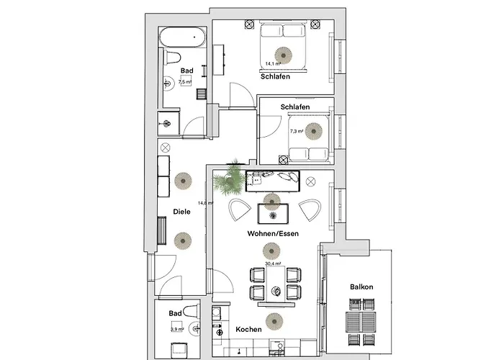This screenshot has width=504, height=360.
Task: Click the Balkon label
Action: coord(361,287)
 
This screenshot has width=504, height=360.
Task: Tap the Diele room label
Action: coord(181,212)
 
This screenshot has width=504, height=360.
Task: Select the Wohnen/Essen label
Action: coord(273,233)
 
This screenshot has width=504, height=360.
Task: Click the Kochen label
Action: coord(248,329)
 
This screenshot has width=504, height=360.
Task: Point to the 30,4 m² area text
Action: coord(272,264)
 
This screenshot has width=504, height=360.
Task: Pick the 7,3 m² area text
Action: coord(296,132)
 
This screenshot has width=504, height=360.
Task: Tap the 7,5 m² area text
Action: coord(185,82)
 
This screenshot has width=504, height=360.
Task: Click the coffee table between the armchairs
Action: coord(273,214)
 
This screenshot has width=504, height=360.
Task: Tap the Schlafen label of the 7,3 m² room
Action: coord(295,107)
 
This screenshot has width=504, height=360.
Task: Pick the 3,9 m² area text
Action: coord(177,329)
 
